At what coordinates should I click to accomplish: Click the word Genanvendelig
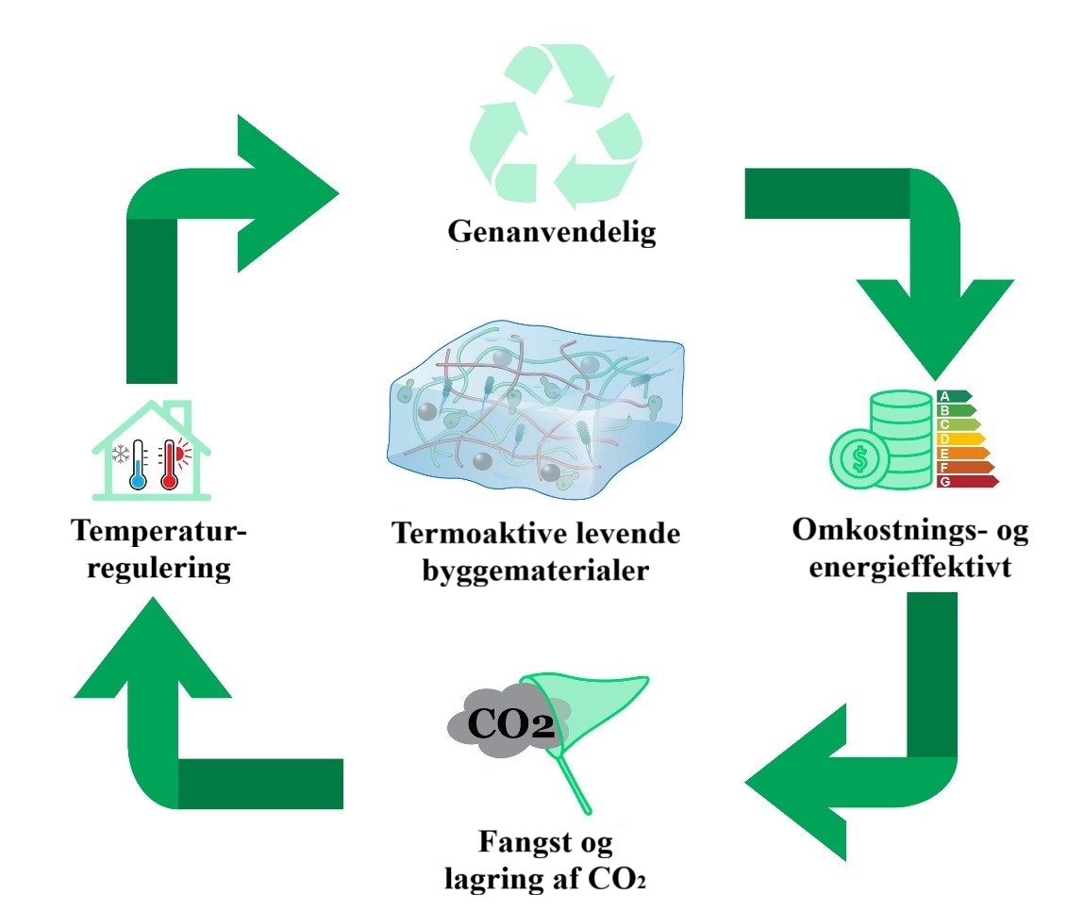[551, 232]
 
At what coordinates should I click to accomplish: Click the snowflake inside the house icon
[121, 455]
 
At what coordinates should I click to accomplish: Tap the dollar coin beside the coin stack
[859, 460]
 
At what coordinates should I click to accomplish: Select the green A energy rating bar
[953, 397]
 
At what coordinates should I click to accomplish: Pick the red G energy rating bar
[967, 482]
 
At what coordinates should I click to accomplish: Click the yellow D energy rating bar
[959, 439]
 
